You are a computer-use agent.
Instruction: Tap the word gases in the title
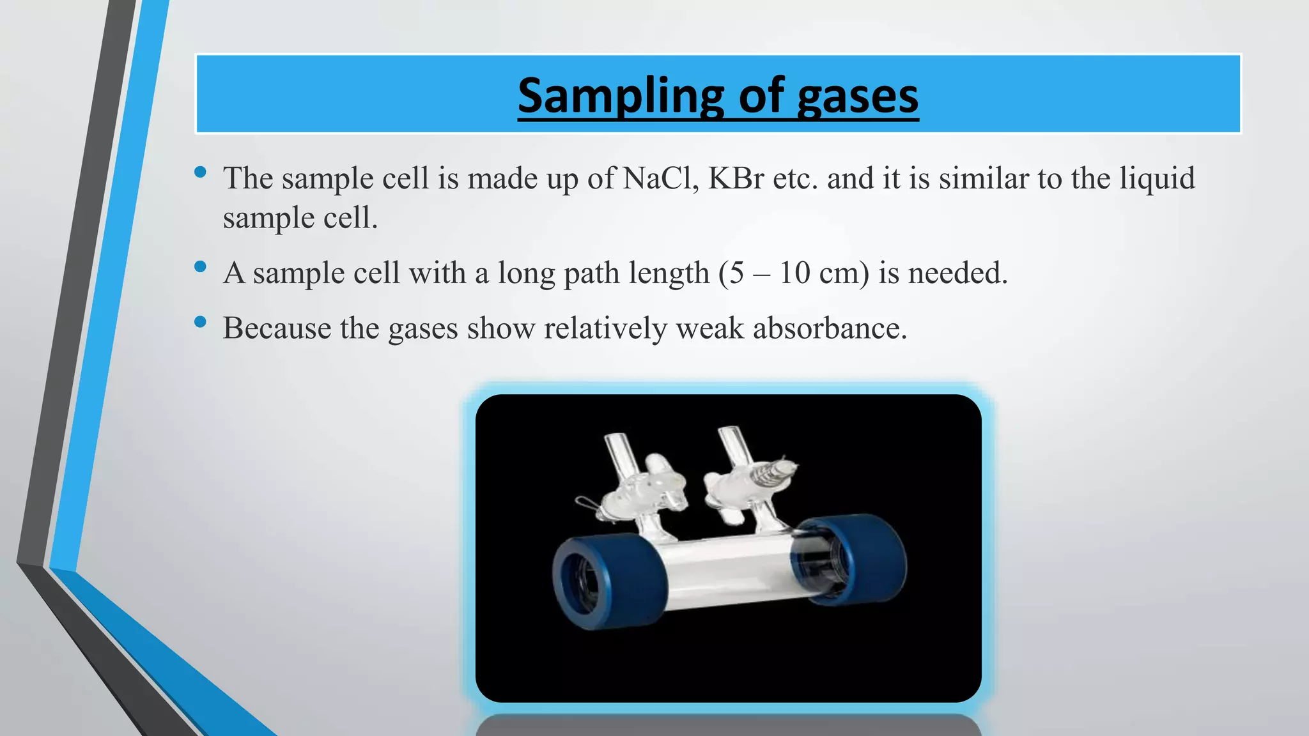[858, 96]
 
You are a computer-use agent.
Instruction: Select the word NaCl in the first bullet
[660, 178]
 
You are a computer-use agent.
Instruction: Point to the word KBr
[736, 178]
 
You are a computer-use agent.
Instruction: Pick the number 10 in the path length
[794, 273]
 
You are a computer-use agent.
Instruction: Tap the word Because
[276, 328]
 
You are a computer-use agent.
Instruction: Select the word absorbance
[829, 328]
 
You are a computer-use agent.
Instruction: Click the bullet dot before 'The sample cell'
[200, 172]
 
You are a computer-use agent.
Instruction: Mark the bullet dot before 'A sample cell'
[200, 267]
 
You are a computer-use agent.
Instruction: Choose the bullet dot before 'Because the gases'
[200, 322]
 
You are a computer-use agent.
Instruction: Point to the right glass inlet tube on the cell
[732, 447]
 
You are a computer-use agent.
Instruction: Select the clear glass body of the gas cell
[729, 572]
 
